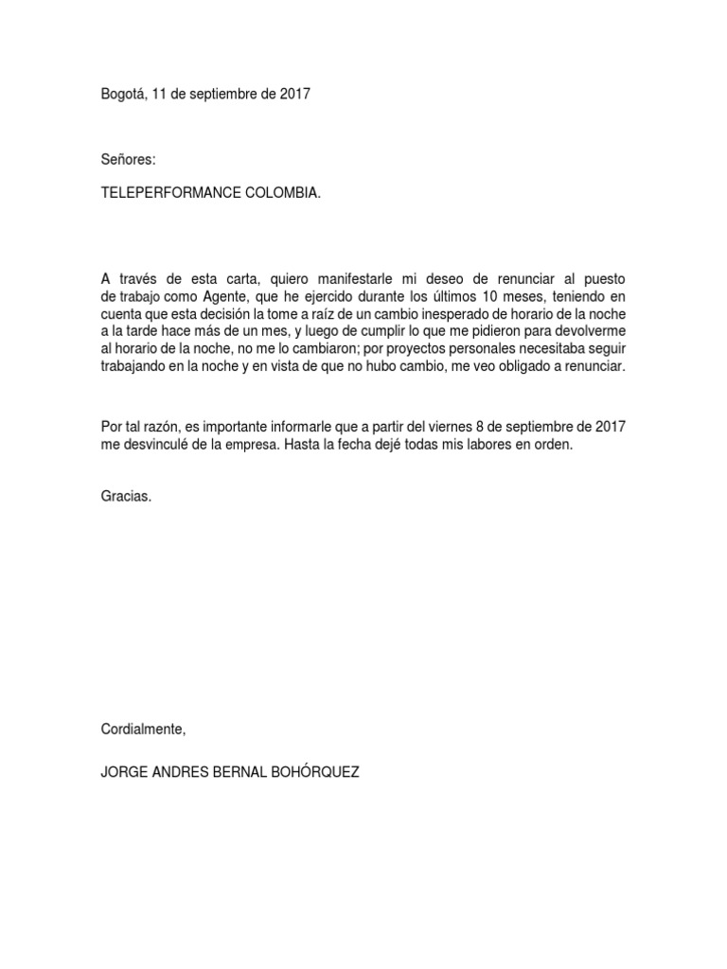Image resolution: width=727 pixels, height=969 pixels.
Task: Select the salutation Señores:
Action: (x=127, y=162)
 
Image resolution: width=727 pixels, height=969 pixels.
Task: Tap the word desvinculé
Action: (x=156, y=444)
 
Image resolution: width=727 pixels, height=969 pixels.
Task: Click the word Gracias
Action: (x=125, y=496)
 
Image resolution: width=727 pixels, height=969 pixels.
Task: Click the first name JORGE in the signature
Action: (x=124, y=771)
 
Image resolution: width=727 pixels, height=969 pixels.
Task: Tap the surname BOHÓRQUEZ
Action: (x=313, y=771)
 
